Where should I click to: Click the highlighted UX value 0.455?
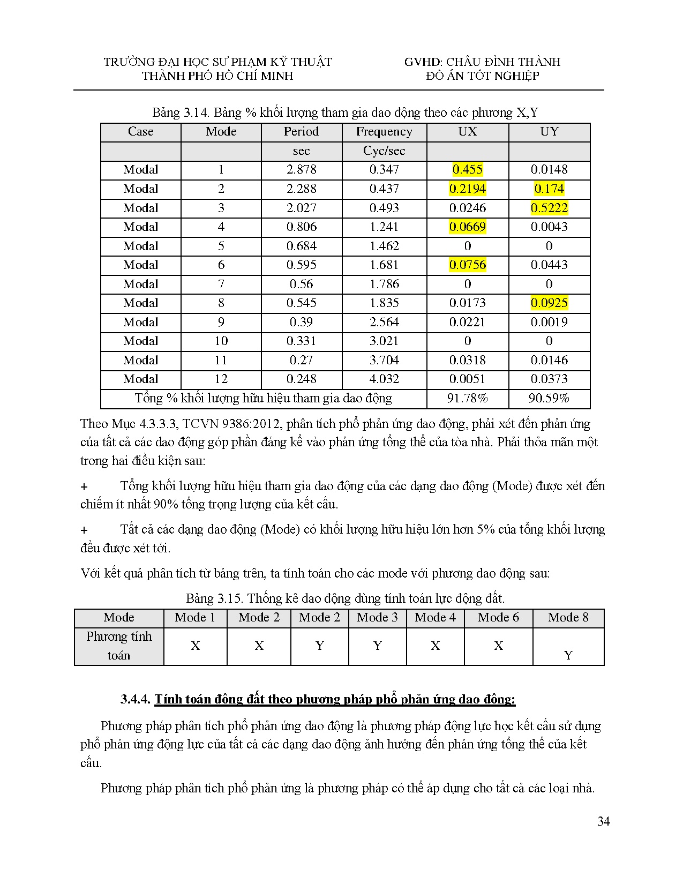coord(467,170)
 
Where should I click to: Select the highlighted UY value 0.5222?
coord(549,208)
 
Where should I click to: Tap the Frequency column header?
coord(384,132)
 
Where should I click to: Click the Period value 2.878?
coord(301,170)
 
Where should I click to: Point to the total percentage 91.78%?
coord(467,398)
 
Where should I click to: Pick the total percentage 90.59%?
coord(549,398)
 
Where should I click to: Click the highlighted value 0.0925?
coord(549,303)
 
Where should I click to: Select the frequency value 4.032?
coord(384,379)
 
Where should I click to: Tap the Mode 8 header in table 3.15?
coord(568,617)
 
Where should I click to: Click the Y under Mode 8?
coord(568,655)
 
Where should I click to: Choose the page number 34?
coord(603,821)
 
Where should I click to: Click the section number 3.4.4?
coord(136,699)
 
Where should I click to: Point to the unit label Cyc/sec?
coord(384,151)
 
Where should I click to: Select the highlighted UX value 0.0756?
coord(467,265)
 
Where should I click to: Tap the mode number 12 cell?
coord(221,379)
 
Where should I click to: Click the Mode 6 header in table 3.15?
coord(498,617)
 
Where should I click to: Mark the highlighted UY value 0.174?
coord(549,189)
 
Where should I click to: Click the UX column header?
coord(467,132)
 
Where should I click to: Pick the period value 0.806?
coord(301,227)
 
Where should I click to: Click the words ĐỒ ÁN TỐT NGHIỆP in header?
coord(482,76)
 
